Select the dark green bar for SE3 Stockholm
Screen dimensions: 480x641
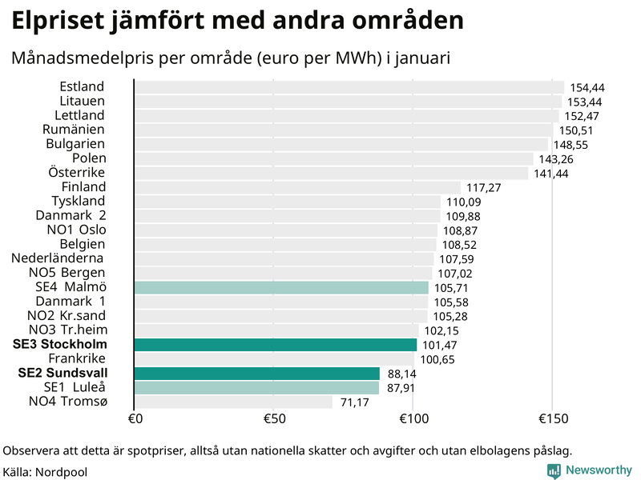click(276, 345)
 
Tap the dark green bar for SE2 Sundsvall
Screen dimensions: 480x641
click(257, 374)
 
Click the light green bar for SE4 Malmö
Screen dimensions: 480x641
click(281, 287)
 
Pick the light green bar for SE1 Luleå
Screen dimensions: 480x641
click(256, 388)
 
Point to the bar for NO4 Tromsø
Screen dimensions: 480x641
click(233, 402)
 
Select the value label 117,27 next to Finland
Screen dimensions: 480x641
click(483, 188)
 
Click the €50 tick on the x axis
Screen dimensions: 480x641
click(274, 420)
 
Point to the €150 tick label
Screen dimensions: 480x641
click(552, 420)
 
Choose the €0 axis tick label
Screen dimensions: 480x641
click(135, 420)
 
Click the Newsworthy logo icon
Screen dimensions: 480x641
click(554, 470)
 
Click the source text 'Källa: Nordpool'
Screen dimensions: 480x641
click(45, 472)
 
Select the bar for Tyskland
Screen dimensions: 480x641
click(288, 201)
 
